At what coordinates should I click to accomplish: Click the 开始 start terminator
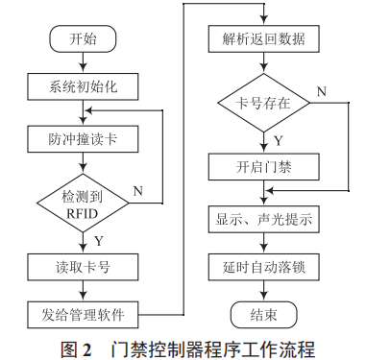(84, 39)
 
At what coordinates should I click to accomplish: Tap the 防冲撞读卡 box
(84, 140)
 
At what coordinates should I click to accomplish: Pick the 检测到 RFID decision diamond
(84, 202)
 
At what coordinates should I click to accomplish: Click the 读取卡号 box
(84, 263)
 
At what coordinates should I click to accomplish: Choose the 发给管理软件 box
(84, 312)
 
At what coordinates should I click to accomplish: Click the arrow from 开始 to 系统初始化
(84, 64)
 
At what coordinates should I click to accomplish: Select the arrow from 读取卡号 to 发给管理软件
(84, 288)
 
